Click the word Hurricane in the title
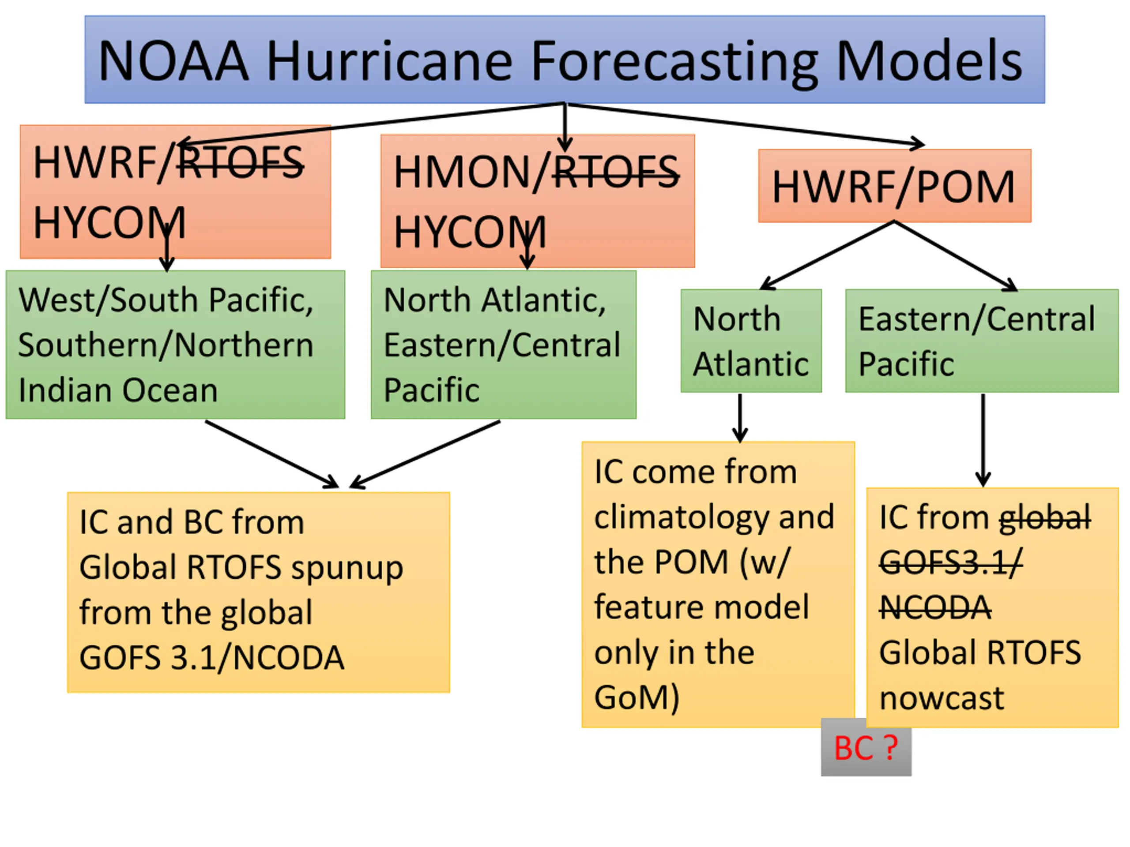(389, 61)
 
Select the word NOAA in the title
(173, 61)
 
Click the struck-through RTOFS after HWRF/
(240, 162)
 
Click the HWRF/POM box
(894, 186)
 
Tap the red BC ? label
(866, 748)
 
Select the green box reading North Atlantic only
(751, 341)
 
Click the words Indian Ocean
(118, 390)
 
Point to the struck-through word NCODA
(935, 607)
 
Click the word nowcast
(942, 698)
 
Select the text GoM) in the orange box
(637, 697)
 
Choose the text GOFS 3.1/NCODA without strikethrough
(212, 658)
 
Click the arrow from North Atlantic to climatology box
(740, 418)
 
